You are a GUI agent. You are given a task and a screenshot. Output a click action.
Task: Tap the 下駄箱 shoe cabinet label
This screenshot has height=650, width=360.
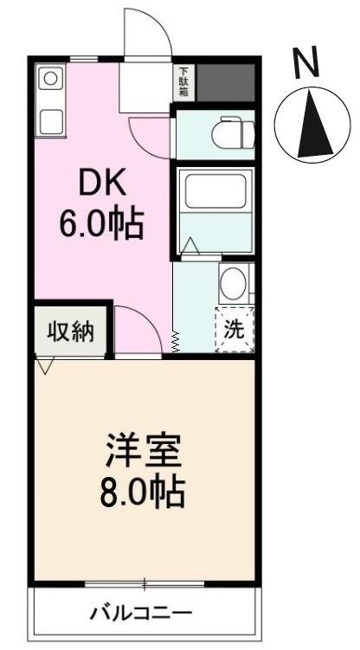click(184, 82)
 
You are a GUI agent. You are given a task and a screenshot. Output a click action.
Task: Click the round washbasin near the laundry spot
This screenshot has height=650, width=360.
click(234, 283)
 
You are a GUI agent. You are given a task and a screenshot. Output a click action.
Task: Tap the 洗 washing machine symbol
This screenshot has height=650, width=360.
click(235, 329)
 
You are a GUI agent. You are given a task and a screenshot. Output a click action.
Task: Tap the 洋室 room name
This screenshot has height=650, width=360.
click(144, 454)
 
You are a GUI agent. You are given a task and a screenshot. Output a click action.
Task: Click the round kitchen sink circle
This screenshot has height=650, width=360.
click(50, 79)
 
